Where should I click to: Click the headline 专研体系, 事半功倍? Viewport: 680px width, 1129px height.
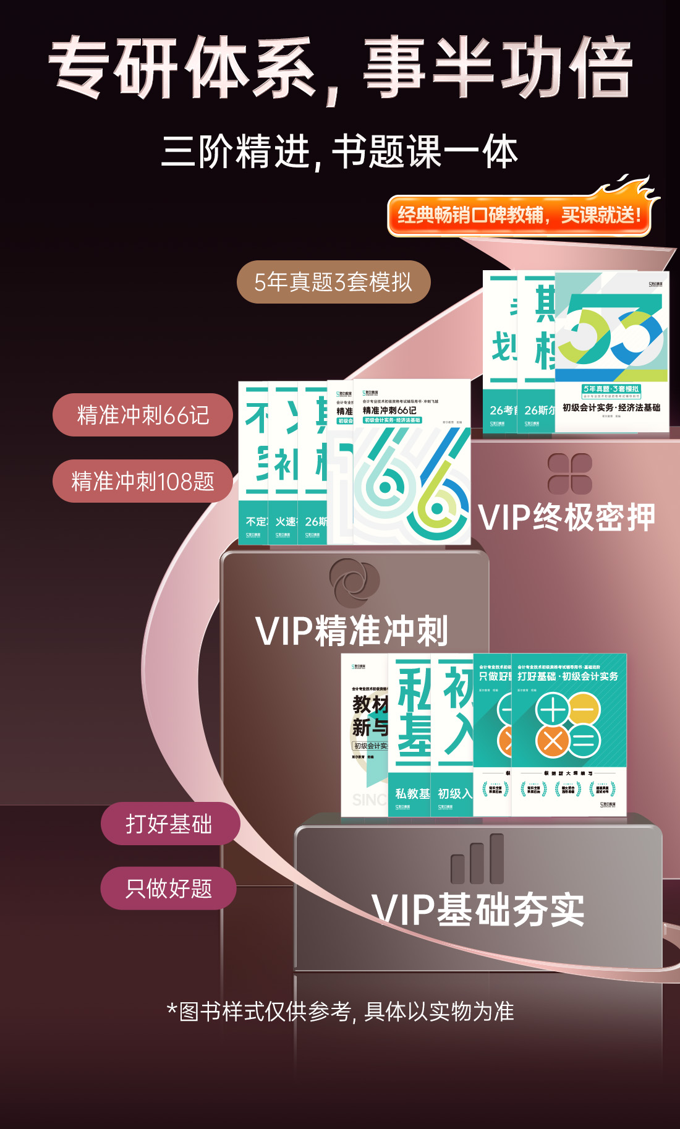(340, 67)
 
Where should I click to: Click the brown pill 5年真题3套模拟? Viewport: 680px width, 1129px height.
(333, 282)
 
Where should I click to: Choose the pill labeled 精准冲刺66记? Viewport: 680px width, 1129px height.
(143, 415)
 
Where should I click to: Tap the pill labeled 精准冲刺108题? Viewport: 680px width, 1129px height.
(143, 481)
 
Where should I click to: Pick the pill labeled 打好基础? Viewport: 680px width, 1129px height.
(169, 824)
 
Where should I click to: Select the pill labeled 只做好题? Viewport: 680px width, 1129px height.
(169, 888)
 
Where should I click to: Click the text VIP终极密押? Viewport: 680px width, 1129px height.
(567, 518)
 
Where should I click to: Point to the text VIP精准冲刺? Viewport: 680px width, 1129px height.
(351, 631)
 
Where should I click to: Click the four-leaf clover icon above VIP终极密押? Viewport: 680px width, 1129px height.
(570, 474)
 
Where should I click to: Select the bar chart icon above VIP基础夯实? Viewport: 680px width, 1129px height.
(477, 859)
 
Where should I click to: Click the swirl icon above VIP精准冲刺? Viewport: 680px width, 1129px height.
(354, 582)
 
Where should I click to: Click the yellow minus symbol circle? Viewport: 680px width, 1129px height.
(584, 709)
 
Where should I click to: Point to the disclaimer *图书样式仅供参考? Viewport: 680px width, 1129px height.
(340, 1012)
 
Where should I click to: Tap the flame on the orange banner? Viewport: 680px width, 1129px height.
(627, 189)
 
